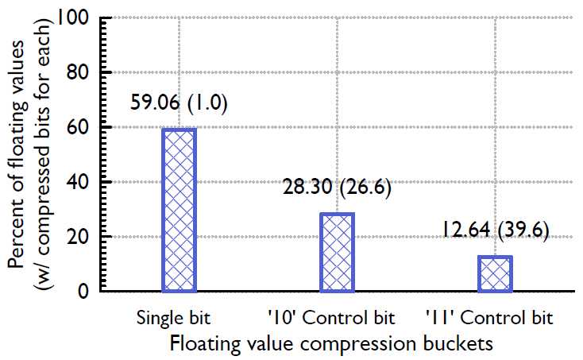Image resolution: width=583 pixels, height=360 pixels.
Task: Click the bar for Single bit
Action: pyautogui.click(x=180, y=210)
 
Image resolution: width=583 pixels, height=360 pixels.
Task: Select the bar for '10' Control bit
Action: pyautogui.click(x=338, y=252)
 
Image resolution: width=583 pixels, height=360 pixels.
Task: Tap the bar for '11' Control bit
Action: pyautogui.click(x=495, y=273)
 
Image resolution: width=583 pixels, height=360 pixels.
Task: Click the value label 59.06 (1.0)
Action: pyautogui.click(x=180, y=104)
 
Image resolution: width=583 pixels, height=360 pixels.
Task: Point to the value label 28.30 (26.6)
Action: pyautogui.click(x=338, y=188)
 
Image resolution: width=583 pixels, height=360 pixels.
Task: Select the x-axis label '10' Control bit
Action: pyautogui.click(x=331, y=319)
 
